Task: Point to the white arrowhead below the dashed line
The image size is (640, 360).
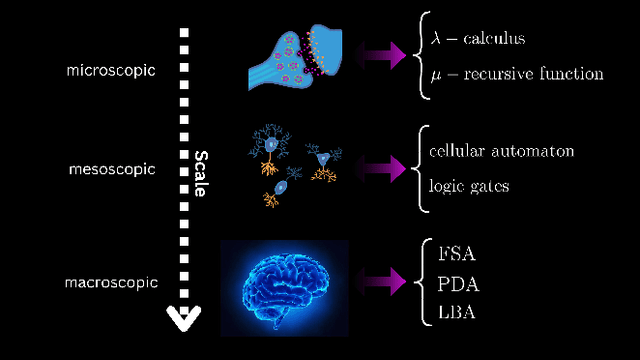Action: (183, 319)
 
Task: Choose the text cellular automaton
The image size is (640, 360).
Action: (501, 151)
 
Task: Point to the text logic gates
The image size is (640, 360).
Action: (471, 185)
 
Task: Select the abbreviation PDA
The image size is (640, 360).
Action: (458, 283)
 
